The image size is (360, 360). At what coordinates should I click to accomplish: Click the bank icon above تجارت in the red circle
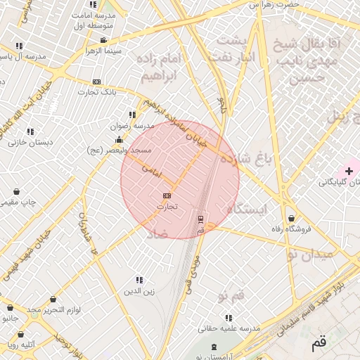[x=167, y=195]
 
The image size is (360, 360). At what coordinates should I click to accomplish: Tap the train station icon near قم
[x=201, y=219]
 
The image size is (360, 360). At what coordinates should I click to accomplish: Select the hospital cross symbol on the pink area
[x=349, y=171]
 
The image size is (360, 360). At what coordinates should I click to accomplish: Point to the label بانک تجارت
[x=97, y=92]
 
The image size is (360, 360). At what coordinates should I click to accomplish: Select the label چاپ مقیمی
[x=17, y=202]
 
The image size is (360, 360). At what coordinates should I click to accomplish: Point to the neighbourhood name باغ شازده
[x=245, y=160]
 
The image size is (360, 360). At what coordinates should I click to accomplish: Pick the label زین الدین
[x=139, y=290]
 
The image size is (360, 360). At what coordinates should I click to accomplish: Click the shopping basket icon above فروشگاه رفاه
[x=291, y=217]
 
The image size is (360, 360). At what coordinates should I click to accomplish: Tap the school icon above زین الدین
[x=139, y=280]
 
